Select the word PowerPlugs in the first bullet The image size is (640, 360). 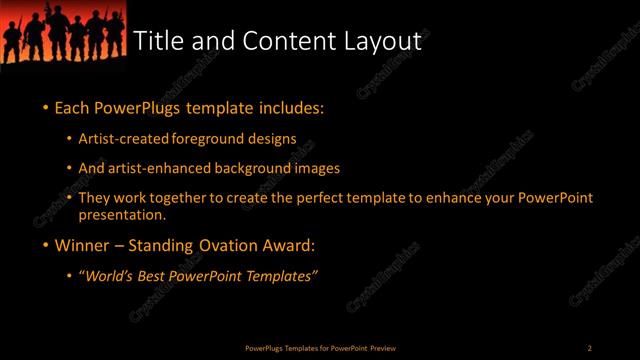[138, 107]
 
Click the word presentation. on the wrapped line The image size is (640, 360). [121, 214]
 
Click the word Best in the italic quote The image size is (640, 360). [156, 276]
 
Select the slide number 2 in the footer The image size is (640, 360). [589, 347]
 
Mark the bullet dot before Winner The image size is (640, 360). [46, 245]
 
